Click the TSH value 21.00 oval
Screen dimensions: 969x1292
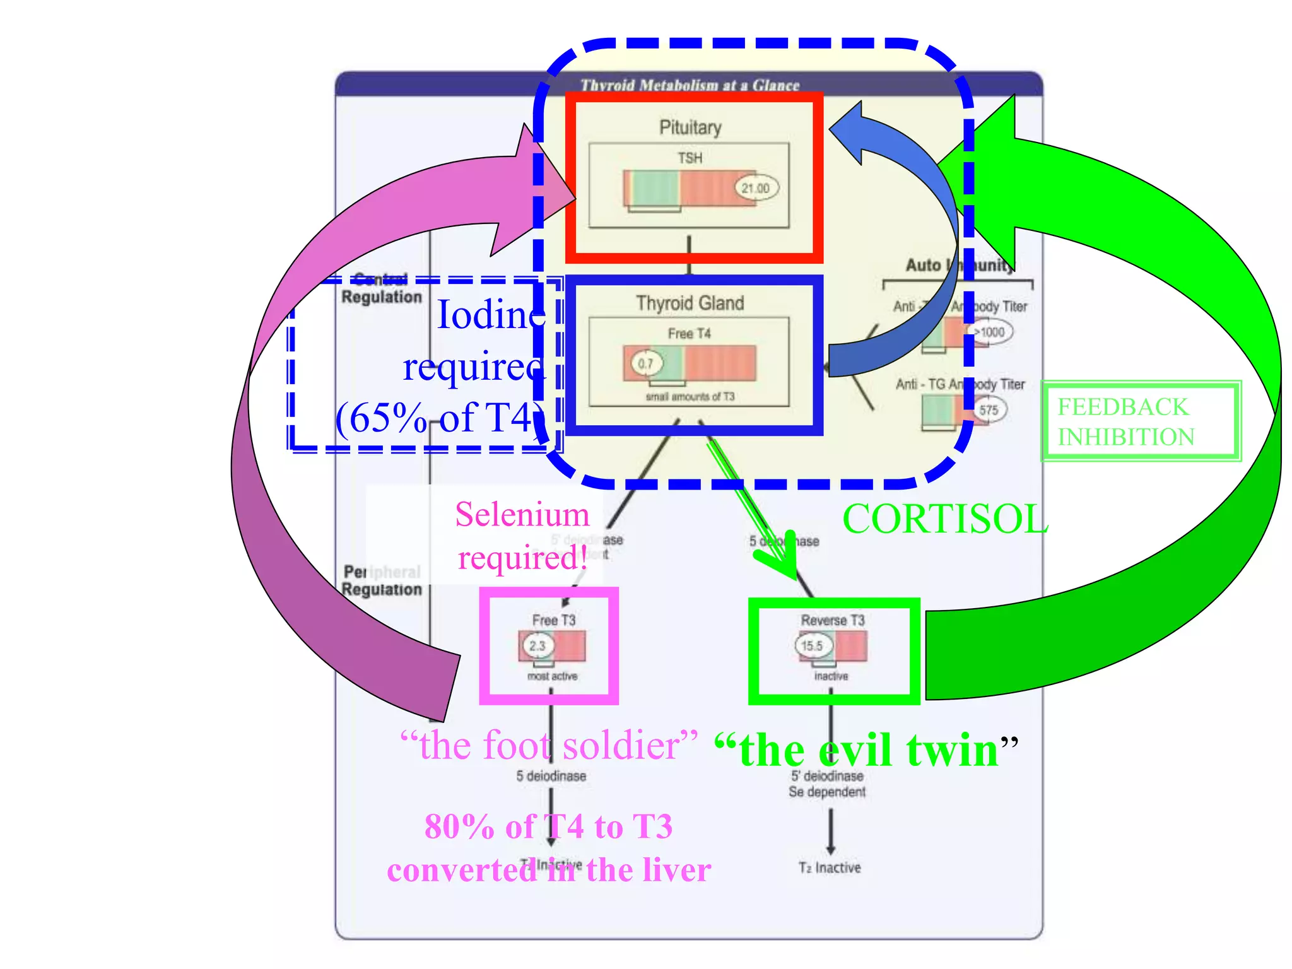(756, 188)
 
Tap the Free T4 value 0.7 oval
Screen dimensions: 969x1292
(646, 363)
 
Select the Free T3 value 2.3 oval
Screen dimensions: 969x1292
(537, 645)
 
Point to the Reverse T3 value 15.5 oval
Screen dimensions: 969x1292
(812, 645)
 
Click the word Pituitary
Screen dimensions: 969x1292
(690, 127)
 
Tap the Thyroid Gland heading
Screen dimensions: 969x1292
(690, 303)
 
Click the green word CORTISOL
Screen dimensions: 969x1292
(944, 519)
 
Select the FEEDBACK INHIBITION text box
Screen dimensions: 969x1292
(1140, 421)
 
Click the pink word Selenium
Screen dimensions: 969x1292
(522, 514)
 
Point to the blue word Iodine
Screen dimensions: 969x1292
(491, 314)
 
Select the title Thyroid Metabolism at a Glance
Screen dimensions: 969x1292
(690, 85)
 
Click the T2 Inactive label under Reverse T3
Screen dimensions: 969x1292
(830, 867)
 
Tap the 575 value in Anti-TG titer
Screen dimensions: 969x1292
(989, 410)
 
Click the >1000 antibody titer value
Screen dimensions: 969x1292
(990, 332)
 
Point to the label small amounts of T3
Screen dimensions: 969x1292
(690, 397)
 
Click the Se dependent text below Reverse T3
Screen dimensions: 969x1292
(827, 792)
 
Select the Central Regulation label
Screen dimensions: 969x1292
(381, 289)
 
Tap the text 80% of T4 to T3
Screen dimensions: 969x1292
(548, 826)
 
